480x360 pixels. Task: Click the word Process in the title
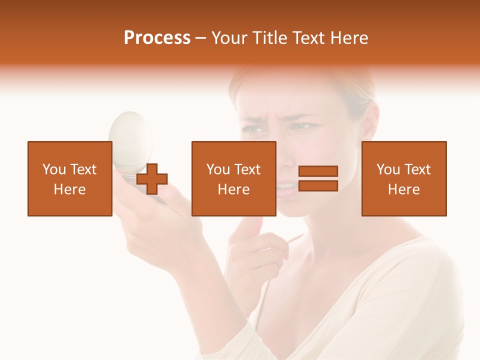(157, 38)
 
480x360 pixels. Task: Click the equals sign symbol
(318, 178)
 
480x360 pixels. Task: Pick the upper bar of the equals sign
(318, 171)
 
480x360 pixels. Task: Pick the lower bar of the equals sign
(318, 185)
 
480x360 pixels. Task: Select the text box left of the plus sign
(69, 178)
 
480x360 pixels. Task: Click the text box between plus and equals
(233, 178)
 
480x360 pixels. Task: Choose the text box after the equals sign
(403, 178)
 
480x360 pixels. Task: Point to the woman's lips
(286, 189)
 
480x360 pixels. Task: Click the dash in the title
(200, 38)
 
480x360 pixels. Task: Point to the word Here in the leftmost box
(69, 189)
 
